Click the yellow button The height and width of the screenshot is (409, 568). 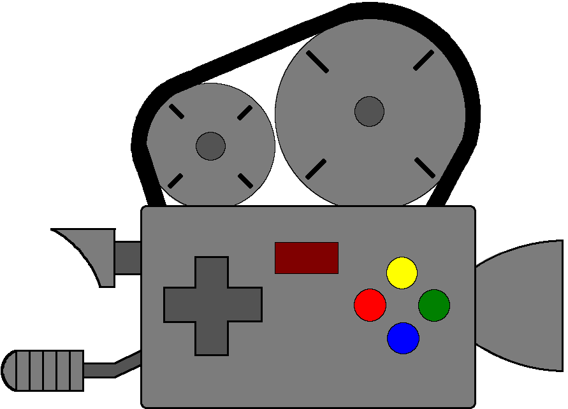tap(402, 273)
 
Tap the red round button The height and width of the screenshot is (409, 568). tap(370, 305)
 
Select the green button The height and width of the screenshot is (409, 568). tap(434, 305)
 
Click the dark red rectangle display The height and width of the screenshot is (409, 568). tap(306, 258)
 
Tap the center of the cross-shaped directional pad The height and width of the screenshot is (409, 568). tap(212, 305)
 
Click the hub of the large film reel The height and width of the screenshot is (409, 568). tap(369, 111)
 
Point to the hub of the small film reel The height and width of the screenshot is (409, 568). tap(210, 146)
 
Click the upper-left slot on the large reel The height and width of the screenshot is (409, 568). tap(317, 62)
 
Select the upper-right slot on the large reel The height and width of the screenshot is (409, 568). tap(423, 60)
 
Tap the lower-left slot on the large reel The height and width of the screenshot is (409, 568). tap(316, 169)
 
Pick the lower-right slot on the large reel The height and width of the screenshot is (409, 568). tap(425, 167)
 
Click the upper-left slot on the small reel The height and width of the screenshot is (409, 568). tap(177, 112)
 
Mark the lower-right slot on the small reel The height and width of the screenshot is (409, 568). tap(245, 181)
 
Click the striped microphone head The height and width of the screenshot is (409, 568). tap(45, 371)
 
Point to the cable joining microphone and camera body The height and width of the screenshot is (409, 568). tap(112, 368)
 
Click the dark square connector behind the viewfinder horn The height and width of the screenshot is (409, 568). tap(127, 258)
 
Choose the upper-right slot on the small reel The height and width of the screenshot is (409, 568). tap(245, 113)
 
